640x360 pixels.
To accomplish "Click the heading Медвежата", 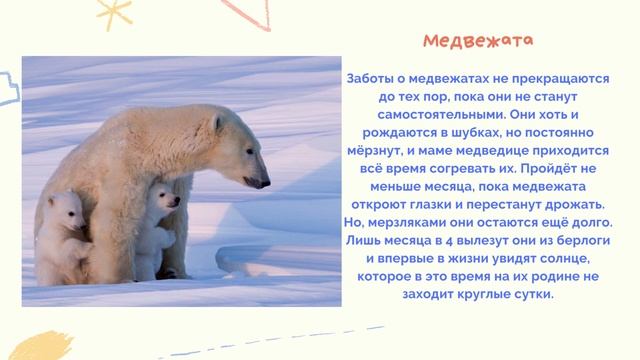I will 477,41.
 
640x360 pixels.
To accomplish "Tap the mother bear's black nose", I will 266,183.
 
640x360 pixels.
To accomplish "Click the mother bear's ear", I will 218,123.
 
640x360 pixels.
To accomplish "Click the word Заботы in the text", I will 372,78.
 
